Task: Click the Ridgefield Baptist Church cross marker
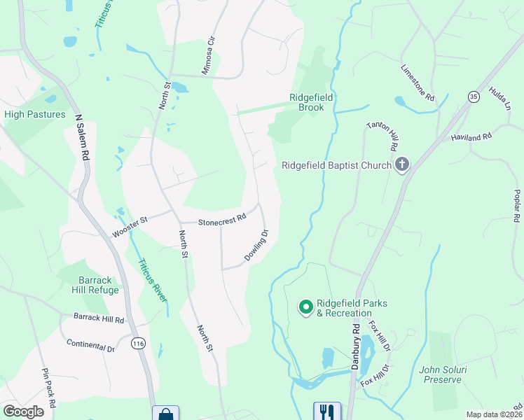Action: [402, 166]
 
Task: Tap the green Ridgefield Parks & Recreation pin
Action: [305, 307]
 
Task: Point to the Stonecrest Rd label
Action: [222, 219]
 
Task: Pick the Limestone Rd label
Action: [418, 83]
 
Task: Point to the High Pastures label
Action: [35, 114]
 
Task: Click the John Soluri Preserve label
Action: [440, 374]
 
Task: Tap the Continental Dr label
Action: [90, 346]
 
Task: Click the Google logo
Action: [23, 412]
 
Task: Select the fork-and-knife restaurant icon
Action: [326, 412]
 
